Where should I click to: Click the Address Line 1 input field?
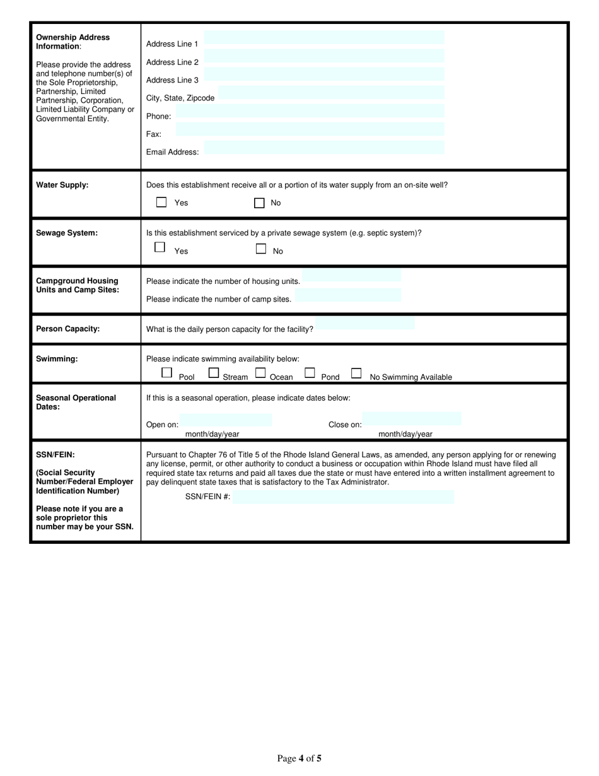coord(324,38)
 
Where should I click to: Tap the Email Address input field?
coord(324,148)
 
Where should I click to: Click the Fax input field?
coord(310,129)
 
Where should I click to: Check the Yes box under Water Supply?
coord(161,203)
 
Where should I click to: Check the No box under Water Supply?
coord(259,203)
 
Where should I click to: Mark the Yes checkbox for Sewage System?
coord(160,247)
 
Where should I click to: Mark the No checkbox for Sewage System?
coord(261,249)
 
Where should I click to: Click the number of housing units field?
coord(351,276)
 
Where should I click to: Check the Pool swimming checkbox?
coord(166,373)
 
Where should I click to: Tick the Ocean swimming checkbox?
coord(260,373)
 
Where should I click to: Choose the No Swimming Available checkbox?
coord(356,373)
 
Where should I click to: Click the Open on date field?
coord(226,420)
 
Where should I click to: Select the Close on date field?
coord(412,418)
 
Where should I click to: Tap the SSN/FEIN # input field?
coord(343,497)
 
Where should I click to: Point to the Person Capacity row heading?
coord(68,329)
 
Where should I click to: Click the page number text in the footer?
coord(299,758)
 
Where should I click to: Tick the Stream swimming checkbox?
coord(214,373)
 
